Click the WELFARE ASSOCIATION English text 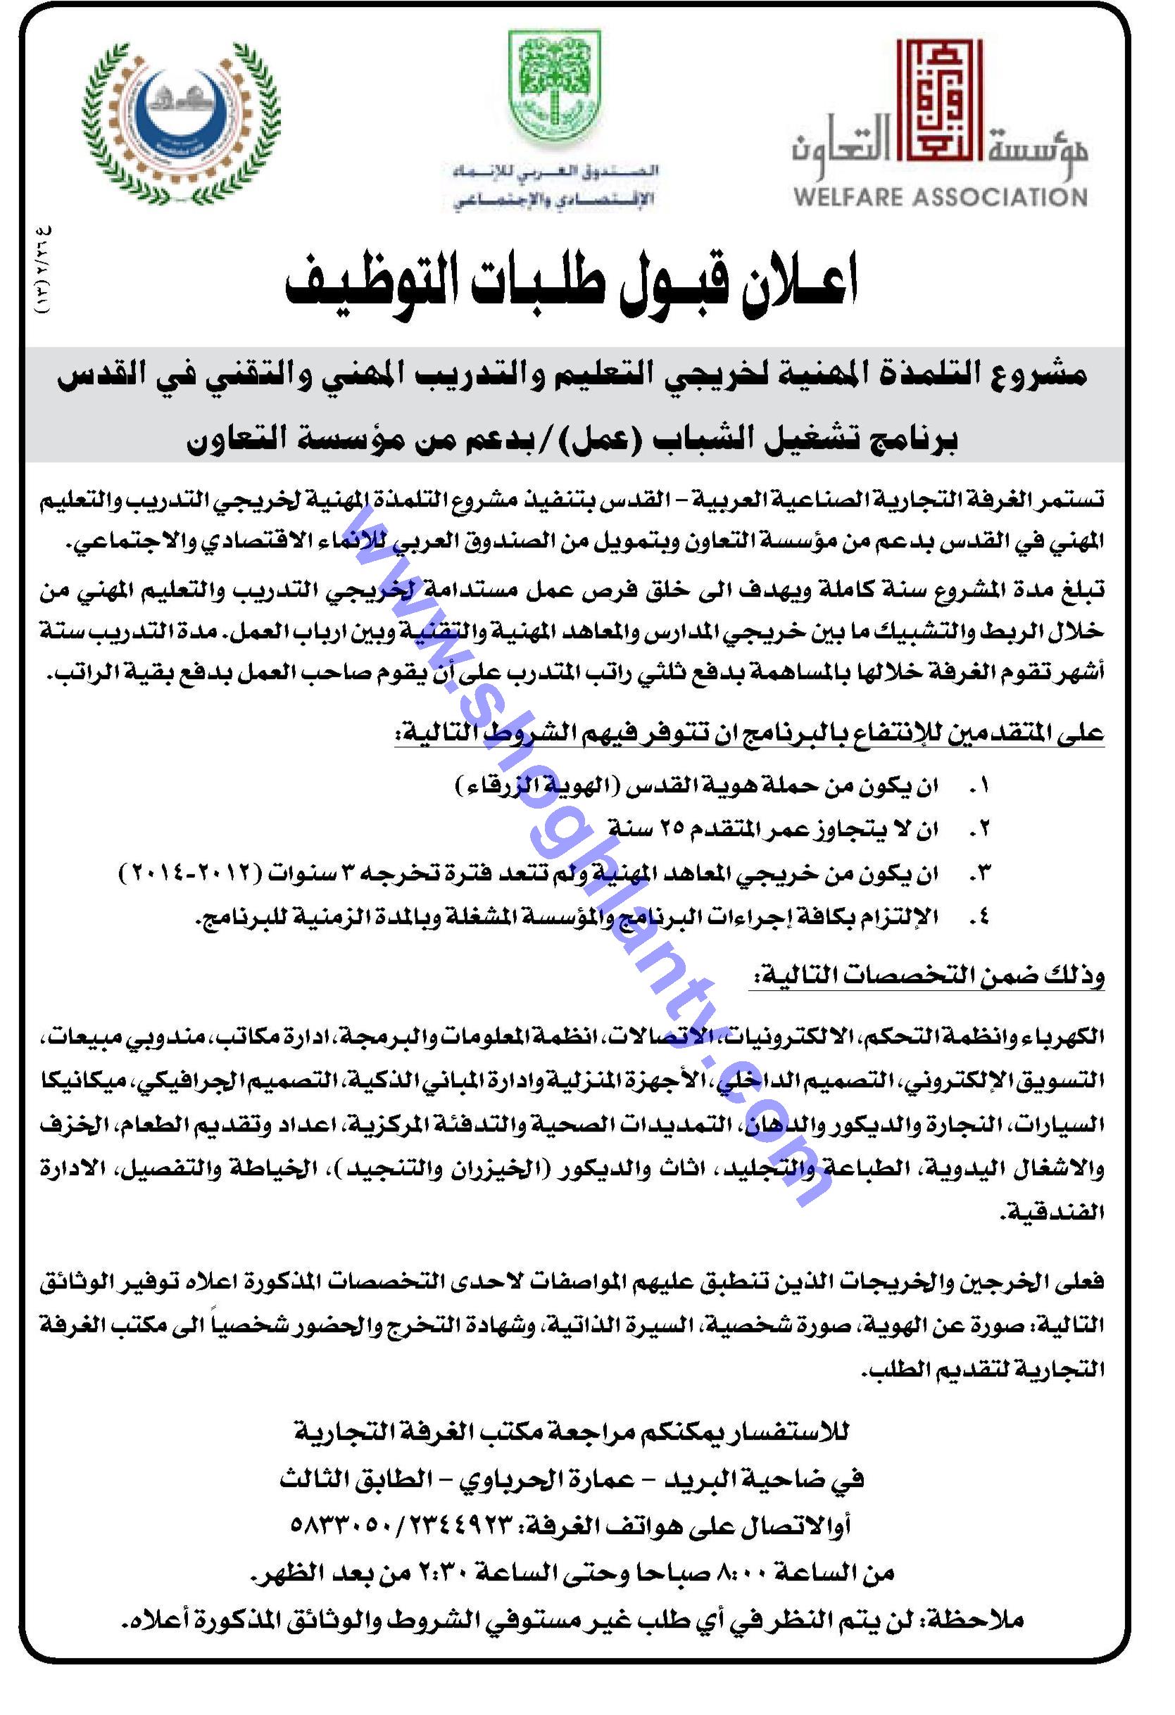pos(940,197)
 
